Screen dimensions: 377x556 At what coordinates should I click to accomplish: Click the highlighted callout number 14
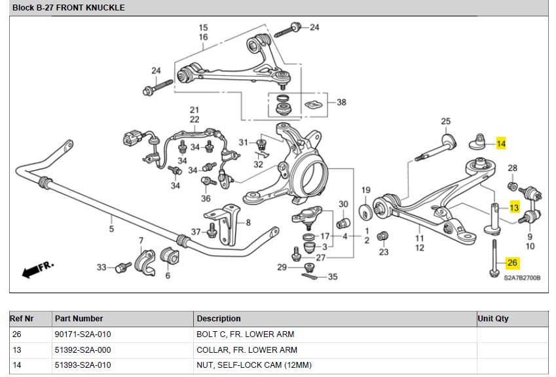tap(501, 144)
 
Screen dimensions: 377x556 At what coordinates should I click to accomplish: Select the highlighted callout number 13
tap(514, 208)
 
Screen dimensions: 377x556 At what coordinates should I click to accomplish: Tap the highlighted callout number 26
tap(512, 263)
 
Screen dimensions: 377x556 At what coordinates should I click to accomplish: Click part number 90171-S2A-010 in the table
tap(83, 334)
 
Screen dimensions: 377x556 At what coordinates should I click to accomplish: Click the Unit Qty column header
tap(493, 319)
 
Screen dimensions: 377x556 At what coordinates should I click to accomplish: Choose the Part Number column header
tap(79, 319)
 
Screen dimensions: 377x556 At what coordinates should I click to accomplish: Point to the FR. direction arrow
tap(38, 270)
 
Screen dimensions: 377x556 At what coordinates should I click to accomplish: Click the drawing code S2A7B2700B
tap(522, 278)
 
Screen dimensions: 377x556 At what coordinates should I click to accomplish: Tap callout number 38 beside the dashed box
tap(341, 103)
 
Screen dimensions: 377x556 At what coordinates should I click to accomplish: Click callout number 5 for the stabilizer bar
tap(111, 228)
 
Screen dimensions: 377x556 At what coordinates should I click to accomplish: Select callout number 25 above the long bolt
tap(446, 122)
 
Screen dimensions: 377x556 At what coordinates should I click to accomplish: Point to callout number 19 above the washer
tap(366, 190)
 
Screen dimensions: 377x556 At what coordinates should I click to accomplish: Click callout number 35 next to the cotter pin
tap(333, 277)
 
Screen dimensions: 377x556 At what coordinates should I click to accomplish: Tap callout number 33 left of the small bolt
tap(102, 267)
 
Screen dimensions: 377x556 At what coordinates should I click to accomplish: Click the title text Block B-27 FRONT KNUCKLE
tap(68, 8)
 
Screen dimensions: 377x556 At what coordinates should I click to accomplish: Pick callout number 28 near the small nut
tap(513, 168)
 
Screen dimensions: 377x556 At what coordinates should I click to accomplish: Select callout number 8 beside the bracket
tap(248, 223)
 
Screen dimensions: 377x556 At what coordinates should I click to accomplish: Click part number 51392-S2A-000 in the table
tap(83, 350)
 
